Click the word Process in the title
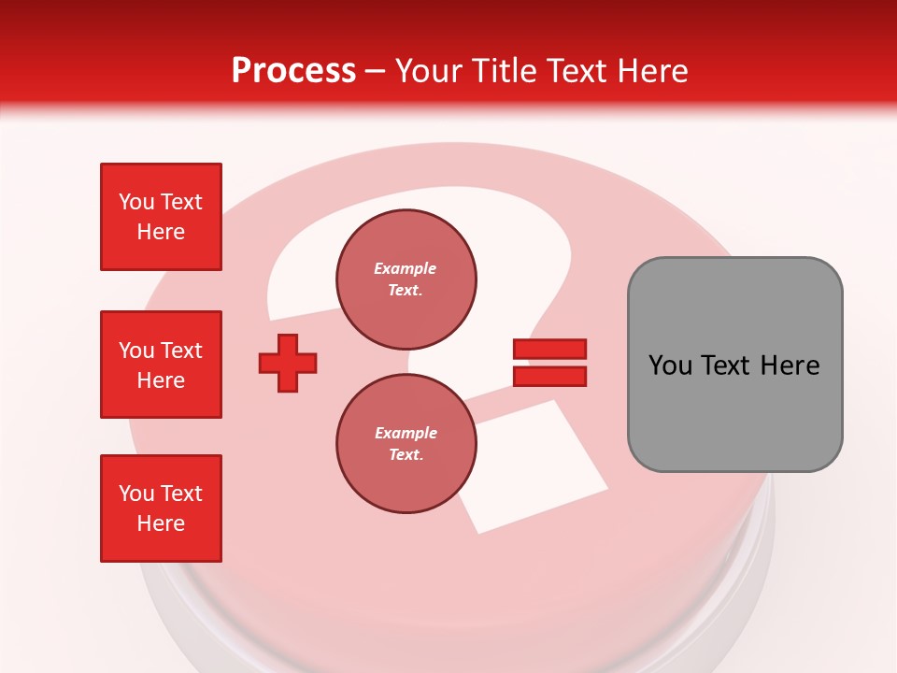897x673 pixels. (293, 71)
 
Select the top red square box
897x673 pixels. (161, 217)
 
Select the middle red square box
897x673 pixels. (161, 365)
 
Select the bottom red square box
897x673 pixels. (161, 508)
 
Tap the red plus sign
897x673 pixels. (288, 363)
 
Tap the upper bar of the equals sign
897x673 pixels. (549, 349)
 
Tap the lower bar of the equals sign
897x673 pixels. (549, 376)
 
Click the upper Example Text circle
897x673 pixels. (406, 279)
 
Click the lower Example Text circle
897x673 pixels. (406, 444)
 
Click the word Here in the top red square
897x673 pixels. (161, 232)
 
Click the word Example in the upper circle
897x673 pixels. (405, 268)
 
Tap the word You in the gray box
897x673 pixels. (670, 365)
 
